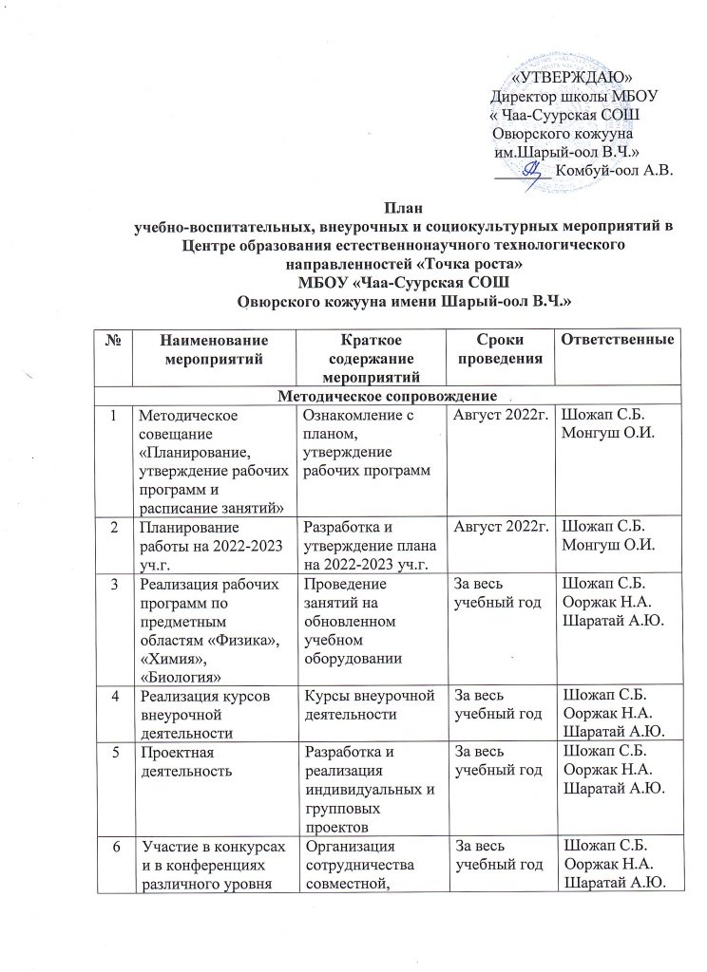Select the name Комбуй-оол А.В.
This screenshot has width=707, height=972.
tap(613, 171)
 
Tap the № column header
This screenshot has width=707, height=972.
tap(114, 339)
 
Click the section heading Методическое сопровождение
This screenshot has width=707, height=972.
tap(390, 395)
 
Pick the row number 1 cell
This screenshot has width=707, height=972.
tap(114, 415)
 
